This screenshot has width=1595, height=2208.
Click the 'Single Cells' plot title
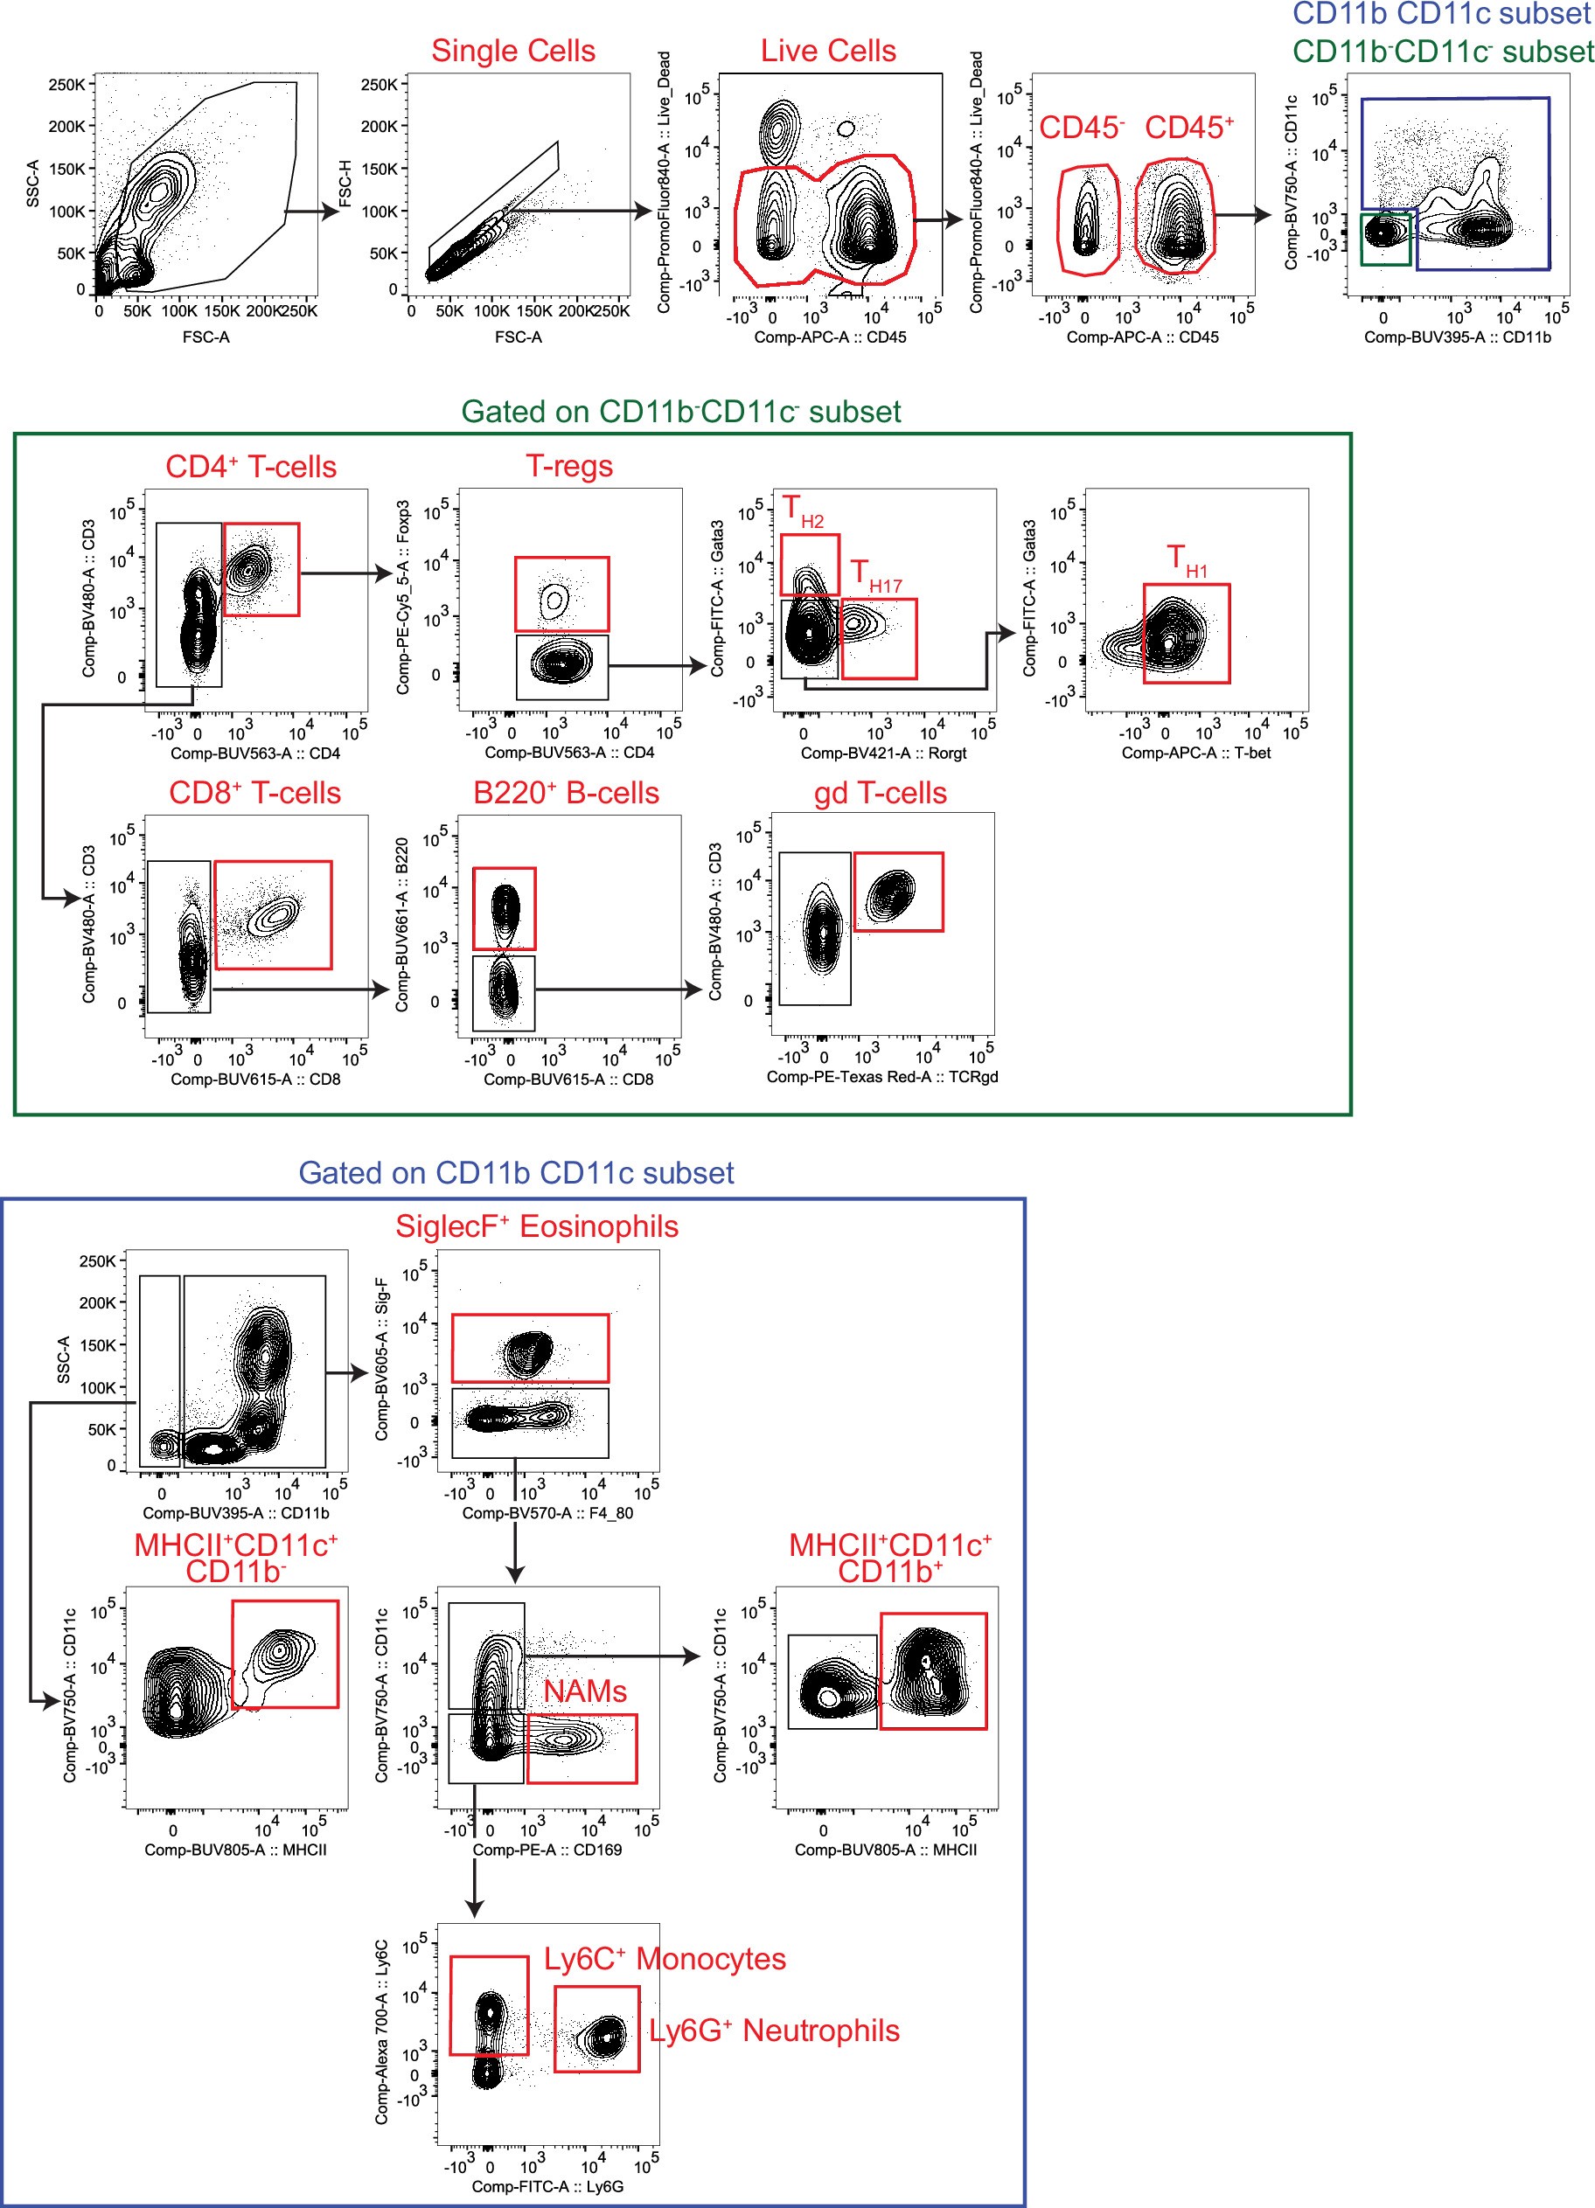click(513, 51)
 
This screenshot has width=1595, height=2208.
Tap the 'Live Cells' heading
click(828, 51)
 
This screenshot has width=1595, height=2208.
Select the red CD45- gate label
click(1081, 128)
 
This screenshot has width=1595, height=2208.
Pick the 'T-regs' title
click(568, 466)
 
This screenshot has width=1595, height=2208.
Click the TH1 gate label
click(1186, 561)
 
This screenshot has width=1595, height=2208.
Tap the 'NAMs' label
click(584, 1691)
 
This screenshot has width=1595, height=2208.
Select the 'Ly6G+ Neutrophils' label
click(774, 2030)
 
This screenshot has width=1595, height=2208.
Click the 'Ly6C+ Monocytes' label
click(664, 1958)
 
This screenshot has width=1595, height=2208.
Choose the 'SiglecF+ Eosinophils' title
click(537, 1226)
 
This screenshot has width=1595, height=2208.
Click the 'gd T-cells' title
click(880, 793)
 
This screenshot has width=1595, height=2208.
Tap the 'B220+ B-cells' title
click(566, 793)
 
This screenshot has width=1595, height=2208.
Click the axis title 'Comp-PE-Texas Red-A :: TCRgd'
click(882, 1076)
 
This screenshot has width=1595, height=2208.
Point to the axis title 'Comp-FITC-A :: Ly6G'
click(547, 2185)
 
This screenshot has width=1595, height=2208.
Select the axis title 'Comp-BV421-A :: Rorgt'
click(883, 753)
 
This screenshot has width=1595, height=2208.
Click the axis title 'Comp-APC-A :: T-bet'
click(1195, 753)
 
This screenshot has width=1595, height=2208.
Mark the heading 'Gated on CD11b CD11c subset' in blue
click(516, 1172)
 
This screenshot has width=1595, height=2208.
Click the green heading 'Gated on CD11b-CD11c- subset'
click(680, 412)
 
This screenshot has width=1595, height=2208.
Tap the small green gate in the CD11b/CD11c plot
click(1384, 240)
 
